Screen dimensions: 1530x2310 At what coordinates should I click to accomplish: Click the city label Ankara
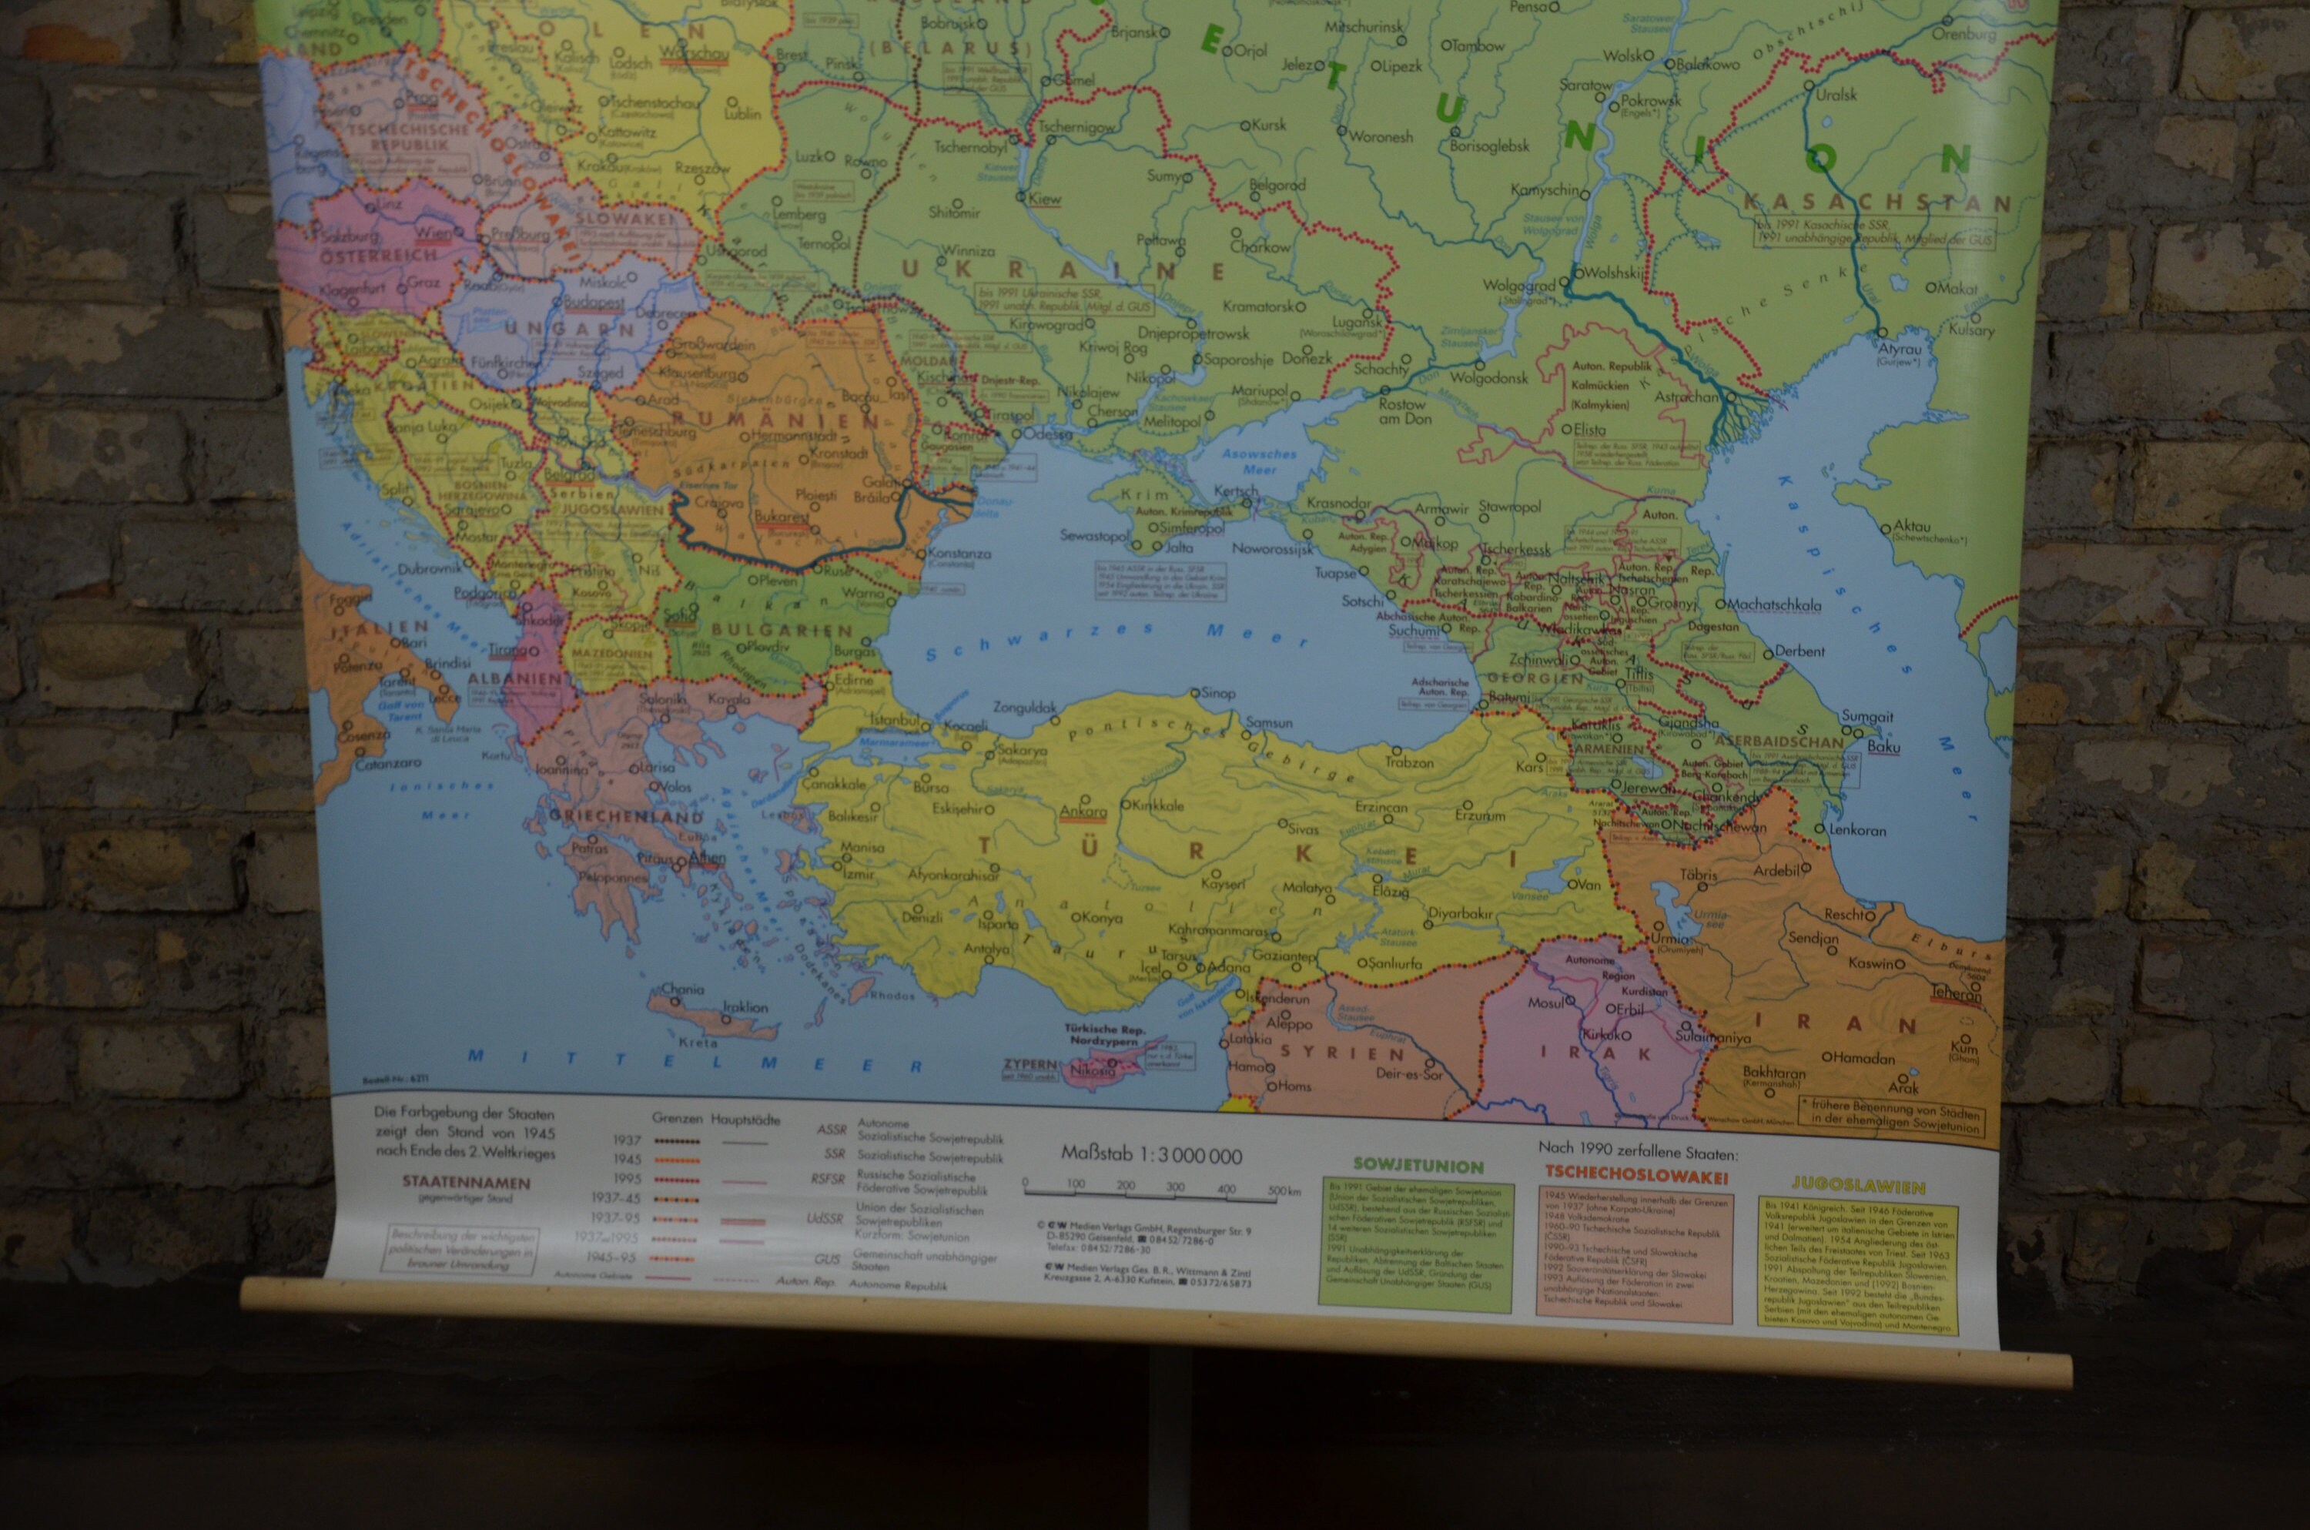tap(1083, 811)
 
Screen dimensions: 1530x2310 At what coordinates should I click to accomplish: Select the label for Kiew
tap(1045, 199)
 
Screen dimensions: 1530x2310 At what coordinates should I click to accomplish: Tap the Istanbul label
tap(893, 720)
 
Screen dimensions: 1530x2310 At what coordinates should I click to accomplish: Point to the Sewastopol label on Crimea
tap(1094, 536)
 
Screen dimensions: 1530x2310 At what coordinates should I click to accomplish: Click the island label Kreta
tap(698, 1042)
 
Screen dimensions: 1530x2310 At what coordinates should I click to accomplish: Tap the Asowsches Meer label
tap(1260, 460)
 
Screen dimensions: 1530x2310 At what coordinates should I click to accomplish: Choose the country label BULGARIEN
tap(782, 631)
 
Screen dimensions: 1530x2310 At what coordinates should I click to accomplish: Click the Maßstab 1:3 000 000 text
tap(1151, 1157)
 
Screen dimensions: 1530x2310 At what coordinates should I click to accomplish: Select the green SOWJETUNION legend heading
tap(1418, 1166)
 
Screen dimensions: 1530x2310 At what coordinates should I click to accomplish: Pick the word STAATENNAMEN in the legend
tap(467, 1182)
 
